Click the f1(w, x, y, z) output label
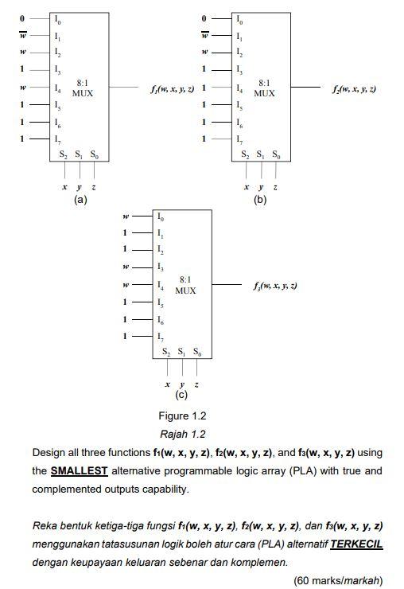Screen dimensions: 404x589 click(170, 88)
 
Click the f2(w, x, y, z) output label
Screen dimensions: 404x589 click(354, 88)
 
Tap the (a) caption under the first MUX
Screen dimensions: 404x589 click(80, 201)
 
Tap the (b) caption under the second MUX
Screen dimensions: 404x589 click(260, 201)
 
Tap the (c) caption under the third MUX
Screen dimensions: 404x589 click(182, 394)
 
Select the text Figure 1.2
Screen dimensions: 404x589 click(183, 415)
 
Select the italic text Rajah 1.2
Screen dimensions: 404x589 click(183, 434)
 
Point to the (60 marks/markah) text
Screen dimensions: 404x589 click(339, 579)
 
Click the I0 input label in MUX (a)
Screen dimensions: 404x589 click(57, 18)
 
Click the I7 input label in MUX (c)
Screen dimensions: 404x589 click(161, 337)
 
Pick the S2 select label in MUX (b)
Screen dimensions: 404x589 click(244, 154)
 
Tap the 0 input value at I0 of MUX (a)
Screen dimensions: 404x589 click(22, 18)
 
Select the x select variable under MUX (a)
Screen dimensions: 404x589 click(64, 186)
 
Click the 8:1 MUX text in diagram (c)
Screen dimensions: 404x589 click(185, 285)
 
